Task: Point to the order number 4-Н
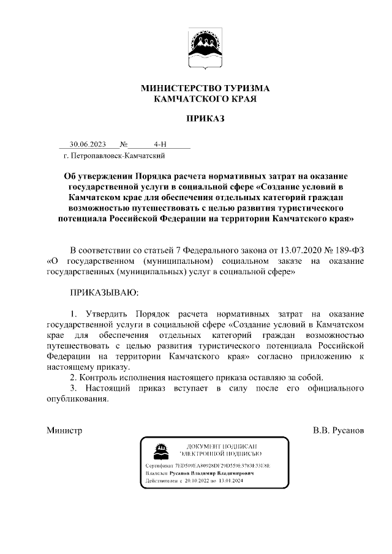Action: pos(160,144)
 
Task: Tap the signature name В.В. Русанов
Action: pos(339,430)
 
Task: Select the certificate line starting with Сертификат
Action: pos(208,466)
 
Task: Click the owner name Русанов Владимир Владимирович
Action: pos(217,474)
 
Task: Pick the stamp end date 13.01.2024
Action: pos(228,482)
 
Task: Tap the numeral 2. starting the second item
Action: pos(73,377)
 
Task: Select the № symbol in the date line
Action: pos(124,144)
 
